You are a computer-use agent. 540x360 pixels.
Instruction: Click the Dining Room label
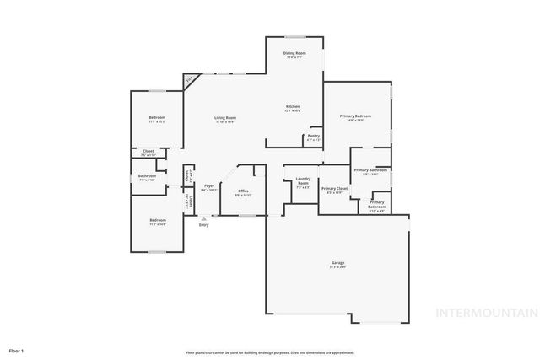tap(294, 53)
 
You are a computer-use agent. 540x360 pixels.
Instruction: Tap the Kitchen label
tap(292, 106)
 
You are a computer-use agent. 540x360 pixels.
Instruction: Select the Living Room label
tap(224, 118)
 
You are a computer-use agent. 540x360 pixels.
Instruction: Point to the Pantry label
tap(313, 135)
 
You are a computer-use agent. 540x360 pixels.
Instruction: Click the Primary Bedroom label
tap(355, 116)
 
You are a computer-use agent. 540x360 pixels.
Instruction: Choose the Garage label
tap(337, 263)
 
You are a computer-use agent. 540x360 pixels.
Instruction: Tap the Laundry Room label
tap(302, 181)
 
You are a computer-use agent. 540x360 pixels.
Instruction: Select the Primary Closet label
tap(334, 189)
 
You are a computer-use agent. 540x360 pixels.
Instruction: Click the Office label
tap(242, 191)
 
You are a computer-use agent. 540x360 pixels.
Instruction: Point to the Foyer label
tap(208, 187)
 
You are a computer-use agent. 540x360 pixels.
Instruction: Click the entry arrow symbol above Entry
tap(202, 218)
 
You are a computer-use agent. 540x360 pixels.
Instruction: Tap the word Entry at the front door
tap(203, 225)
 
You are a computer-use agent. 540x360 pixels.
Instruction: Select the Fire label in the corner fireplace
tap(189, 80)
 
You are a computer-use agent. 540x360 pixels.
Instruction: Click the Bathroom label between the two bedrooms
tap(146, 176)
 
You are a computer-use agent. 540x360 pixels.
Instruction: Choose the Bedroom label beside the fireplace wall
tap(157, 117)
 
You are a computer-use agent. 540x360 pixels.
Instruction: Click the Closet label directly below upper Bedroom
tap(148, 152)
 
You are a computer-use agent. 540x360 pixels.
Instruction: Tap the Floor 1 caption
tap(16, 349)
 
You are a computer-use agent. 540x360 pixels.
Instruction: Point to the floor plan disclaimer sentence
tap(270, 352)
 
